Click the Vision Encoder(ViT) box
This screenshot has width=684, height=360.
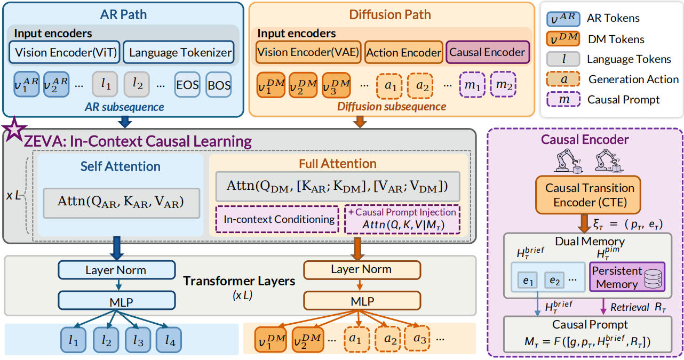point(65,52)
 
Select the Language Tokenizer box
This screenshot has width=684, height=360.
point(179,52)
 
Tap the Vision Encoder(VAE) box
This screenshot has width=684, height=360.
point(308,52)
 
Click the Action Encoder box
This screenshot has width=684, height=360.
point(404,52)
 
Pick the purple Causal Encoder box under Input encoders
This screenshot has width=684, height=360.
point(488,52)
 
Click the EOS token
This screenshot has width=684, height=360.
point(187,85)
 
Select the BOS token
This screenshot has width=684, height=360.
point(219,85)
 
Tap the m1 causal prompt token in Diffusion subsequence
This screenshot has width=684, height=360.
point(472,85)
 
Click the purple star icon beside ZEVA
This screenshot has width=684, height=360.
point(14,130)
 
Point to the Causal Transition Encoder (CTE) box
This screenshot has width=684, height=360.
point(588,195)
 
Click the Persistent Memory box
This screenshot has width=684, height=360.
point(627,277)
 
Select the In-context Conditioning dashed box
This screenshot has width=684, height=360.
point(277,219)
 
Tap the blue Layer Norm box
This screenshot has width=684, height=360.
point(117,270)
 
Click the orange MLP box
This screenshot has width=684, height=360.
point(362,301)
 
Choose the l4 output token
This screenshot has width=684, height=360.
point(169,340)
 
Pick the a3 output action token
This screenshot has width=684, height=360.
point(417,339)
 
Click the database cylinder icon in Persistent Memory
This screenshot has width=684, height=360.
point(653,278)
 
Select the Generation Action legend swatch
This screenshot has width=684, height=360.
point(563,79)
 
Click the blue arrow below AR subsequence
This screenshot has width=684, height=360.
point(125,122)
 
